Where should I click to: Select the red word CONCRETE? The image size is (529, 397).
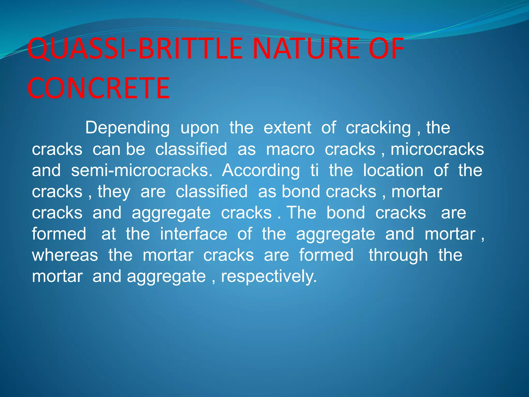click(x=99, y=88)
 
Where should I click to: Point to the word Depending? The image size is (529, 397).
click(x=127, y=128)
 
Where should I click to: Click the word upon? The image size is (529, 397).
click(x=200, y=128)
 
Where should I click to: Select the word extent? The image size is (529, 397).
click(x=287, y=128)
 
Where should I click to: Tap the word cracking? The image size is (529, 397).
click(x=378, y=128)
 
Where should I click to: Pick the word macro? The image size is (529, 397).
click(x=290, y=149)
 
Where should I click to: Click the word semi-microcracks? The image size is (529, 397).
click(x=142, y=171)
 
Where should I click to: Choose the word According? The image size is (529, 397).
click(x=261, y=171)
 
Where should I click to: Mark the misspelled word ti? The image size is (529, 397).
click(x=314, y=171)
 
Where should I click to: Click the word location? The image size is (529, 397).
click(x=393, y=171)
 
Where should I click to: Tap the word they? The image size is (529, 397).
click(x=114, y=192)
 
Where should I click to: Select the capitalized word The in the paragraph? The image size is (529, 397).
click(x=301, y=213)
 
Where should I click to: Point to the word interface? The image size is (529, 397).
click(x=193, y=234)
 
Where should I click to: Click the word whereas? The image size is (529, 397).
click(x=65, y=255)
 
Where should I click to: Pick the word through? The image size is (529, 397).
click(x=398, y=255)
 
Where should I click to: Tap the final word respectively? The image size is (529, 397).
click(x=269, y=277)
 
